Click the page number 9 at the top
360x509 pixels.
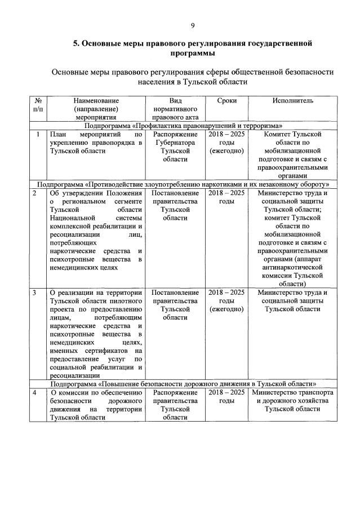(x=193, y=25)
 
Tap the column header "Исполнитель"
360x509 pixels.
(x=293, y=100)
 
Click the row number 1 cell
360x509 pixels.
(x=37, y=135)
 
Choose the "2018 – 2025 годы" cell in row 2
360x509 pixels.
(x=226, y=197)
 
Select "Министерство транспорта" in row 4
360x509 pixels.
(x=293, y=392)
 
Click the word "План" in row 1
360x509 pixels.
(x=58, y=135)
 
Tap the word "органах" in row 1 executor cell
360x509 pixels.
(x=292, y=175)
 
